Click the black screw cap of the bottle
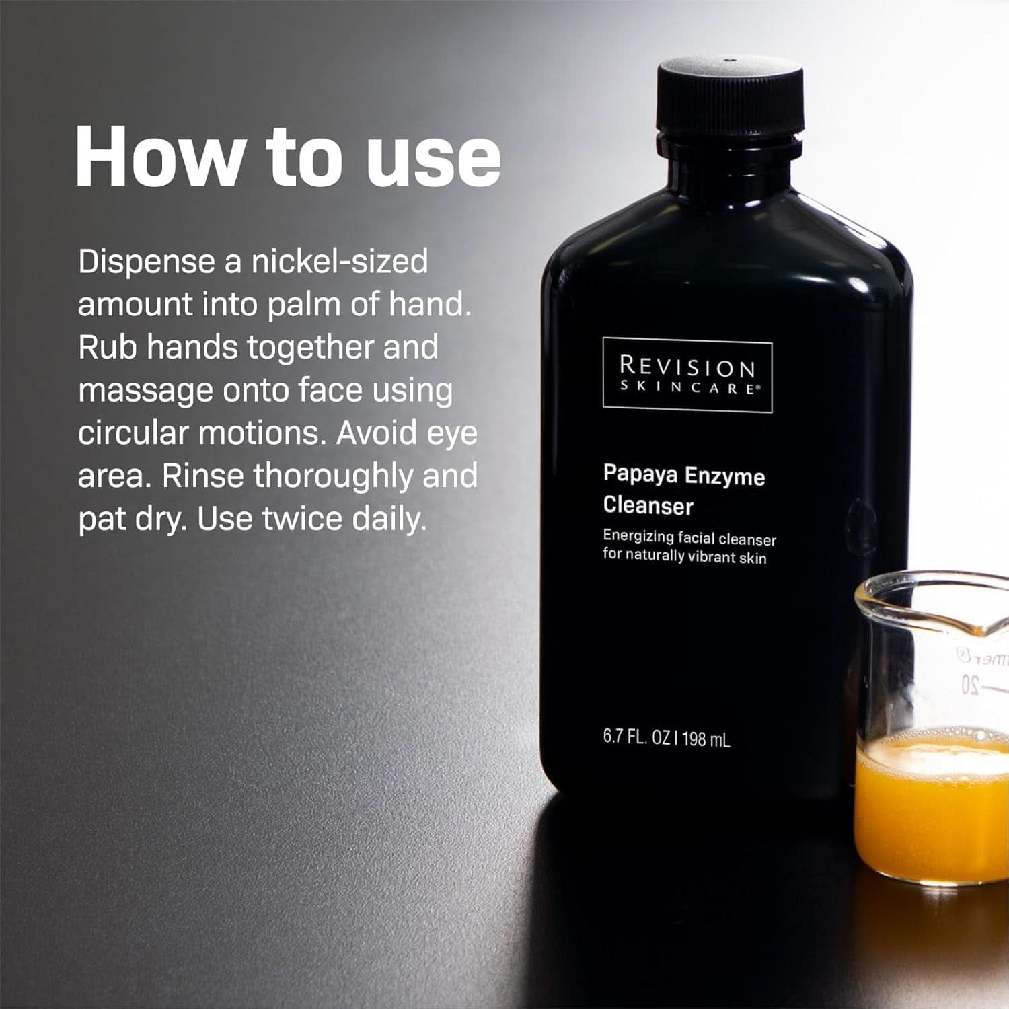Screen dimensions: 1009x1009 (x=730, y=98)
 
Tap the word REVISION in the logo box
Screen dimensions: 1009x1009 (x=687, y=367)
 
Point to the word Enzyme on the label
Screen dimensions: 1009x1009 (x=724, y=476)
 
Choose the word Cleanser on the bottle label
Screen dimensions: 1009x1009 (x=648, y=505)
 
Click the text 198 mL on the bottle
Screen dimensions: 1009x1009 (x=706, y=739)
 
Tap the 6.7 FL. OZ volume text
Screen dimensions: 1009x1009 (x=636, y=737)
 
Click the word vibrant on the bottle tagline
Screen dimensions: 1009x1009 (x=714, y=557)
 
